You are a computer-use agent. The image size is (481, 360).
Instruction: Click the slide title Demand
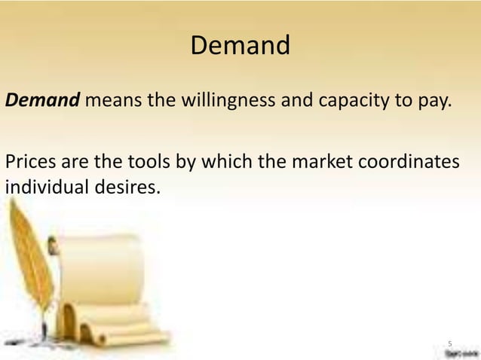click(x=240, y=46)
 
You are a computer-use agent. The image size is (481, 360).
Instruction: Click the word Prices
click(x=29, y=163)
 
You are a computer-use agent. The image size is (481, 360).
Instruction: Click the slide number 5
click(x=450, y=340)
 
